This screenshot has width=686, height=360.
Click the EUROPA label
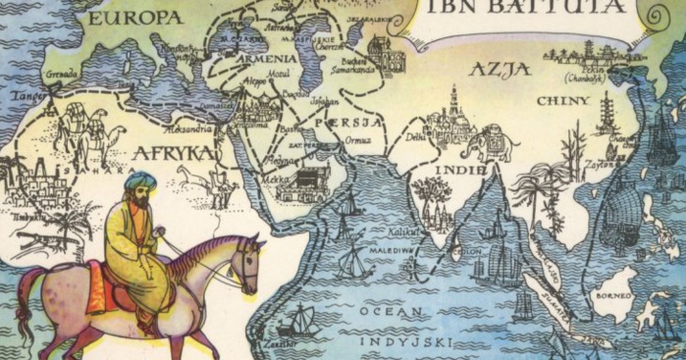click(x=134, y=18)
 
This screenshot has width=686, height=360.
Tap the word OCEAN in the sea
click(x=386, y=312)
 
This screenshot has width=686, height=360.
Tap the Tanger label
click(x=24, y=95)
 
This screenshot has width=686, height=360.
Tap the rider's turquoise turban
click(x=140, y=181)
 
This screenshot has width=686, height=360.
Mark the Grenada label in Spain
click(x=62, y=74)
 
